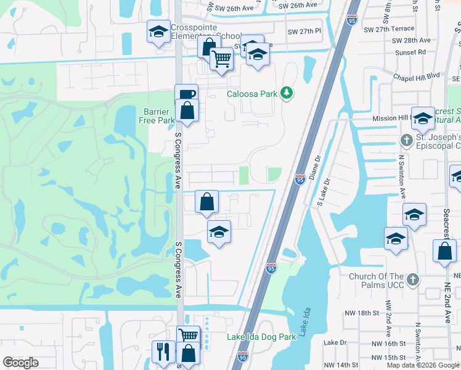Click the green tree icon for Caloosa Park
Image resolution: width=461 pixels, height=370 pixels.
[x=287, y=93]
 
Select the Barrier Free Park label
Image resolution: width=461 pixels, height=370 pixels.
[x=159, y=116]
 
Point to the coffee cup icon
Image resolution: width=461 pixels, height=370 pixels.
[x=187, y=94]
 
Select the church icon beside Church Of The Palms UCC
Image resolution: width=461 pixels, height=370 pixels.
[x=412, y=280]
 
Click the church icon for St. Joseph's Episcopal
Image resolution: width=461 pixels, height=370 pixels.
[x=406, y=140]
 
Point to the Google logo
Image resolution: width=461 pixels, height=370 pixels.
[x=20, y=363]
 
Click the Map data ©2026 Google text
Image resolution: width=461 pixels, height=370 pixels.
[x=423, y=365]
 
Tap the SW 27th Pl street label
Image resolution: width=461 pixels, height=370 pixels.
[x=304, y=31]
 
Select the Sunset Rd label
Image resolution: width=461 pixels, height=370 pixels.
[x=414, y=52]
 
